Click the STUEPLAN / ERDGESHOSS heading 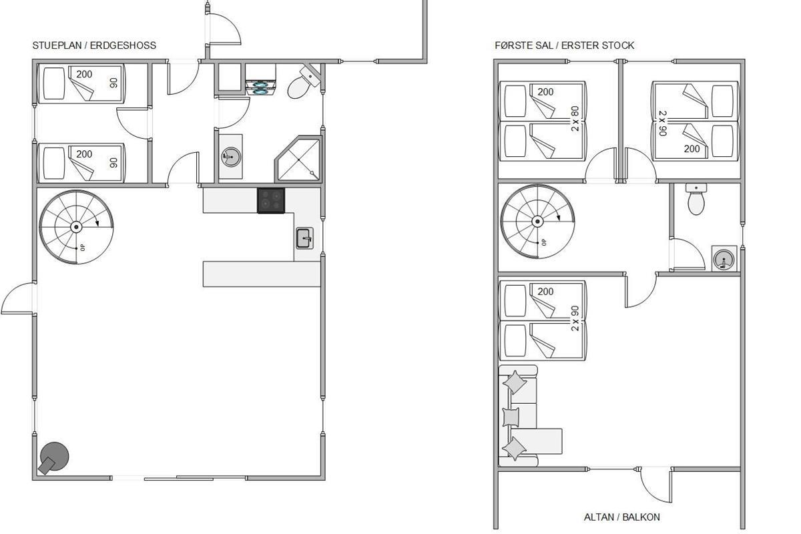click(94, 45)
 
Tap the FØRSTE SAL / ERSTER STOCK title click(564, 45)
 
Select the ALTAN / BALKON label click(622, 517)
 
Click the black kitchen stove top click(271, 201)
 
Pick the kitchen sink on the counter click(304, 238)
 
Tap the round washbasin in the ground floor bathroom click(231, 157)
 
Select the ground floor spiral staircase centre click(76, 227)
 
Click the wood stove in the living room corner click(53, 458)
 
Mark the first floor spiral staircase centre click(537, 222)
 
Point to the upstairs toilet click(696, 199)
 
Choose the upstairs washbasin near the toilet click(724, 258)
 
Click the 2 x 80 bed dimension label click(575, 119)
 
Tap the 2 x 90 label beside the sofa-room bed click(575, 318)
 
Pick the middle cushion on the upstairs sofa click(511, 417)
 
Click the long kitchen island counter click(262, 274)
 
